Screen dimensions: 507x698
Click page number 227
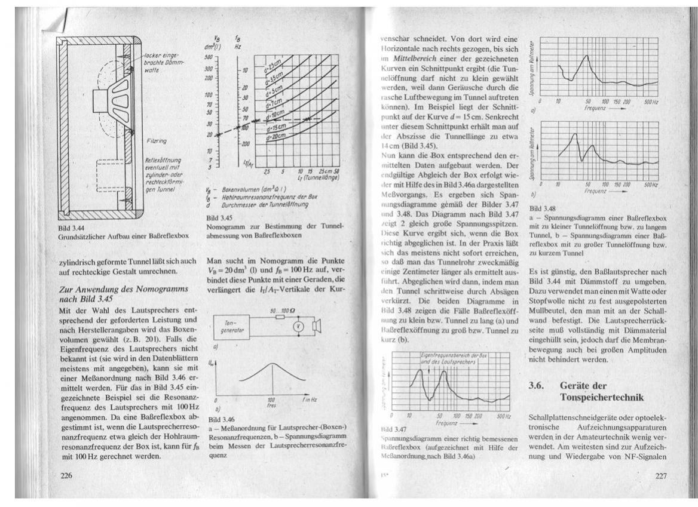[656, 475]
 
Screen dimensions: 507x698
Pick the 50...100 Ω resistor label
[282, 311]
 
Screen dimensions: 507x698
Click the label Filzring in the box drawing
[156, 141]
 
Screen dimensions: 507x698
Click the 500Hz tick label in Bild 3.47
[503, 415]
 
